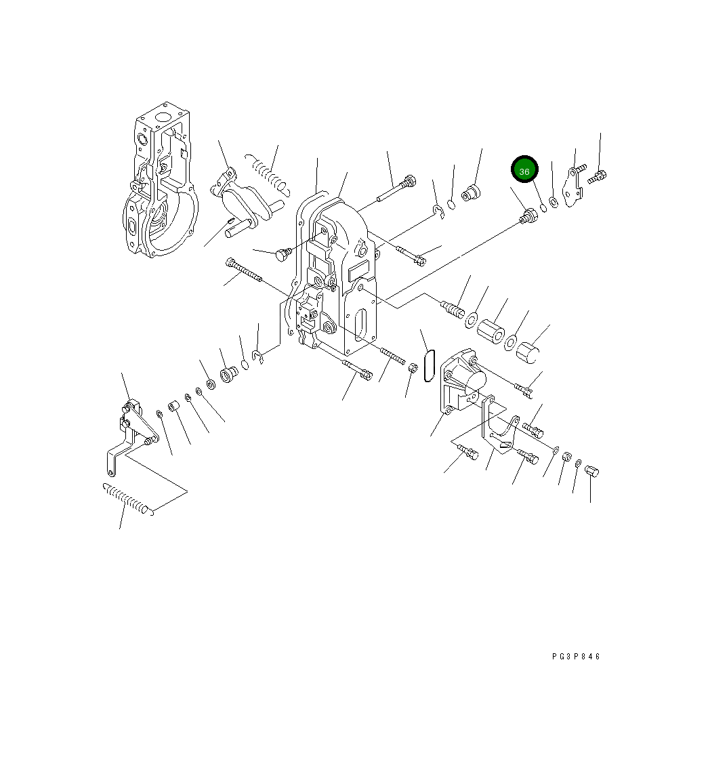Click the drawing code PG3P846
tap(576, 656)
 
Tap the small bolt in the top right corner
tap(597, 176)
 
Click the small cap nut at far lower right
tap(591, 472)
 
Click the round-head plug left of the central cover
tap(282, 255)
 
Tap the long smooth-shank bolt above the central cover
tap(395, 189)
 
